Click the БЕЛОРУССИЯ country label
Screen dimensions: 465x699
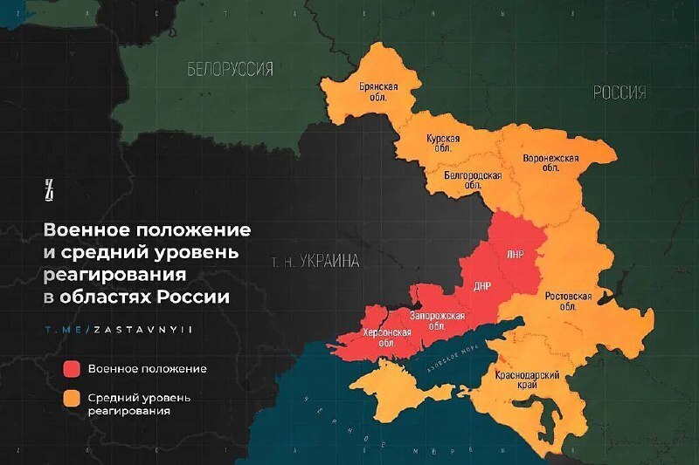pos(230,69)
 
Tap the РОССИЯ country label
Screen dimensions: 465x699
pos(619,92)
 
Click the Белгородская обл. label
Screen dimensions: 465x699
pos(473,180)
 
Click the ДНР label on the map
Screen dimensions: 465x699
pos(483,285)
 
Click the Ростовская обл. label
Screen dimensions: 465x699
pos(568,301)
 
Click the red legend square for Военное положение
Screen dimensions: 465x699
pos(72,368)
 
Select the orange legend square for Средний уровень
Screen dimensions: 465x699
pos(72,400)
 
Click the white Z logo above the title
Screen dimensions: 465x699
pos(50,188)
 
